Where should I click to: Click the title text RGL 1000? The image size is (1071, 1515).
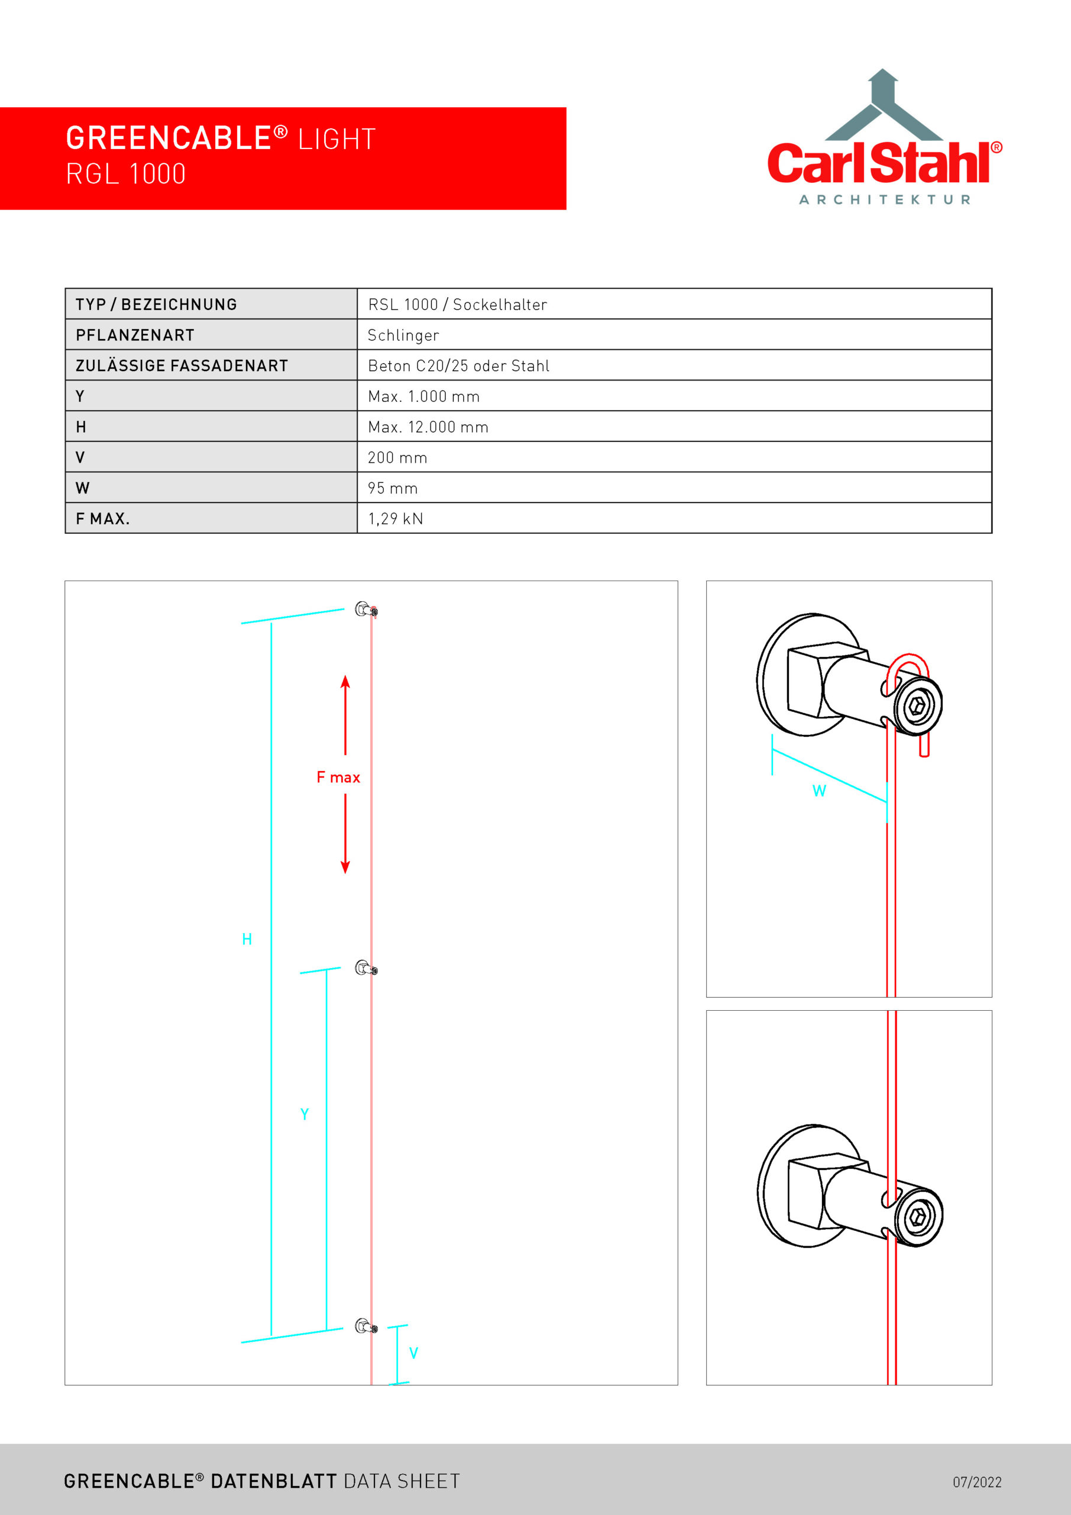click(x=125, y=174)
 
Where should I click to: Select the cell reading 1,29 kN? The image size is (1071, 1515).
click(x=396, y=518)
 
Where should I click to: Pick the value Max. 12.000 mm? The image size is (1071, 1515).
click(x=428, y=427)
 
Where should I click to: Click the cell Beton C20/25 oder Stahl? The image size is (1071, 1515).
click(x=458, y=366)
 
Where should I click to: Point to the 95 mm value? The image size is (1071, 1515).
click(x=393, y=488)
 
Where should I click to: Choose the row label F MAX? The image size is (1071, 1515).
click(x=102, y=518)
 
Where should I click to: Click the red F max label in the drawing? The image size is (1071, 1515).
click(x=338, y=777)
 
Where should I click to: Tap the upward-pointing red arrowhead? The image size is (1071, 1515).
click(x=345, y=681)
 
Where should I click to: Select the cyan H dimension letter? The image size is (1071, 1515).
click(x=247, y=939)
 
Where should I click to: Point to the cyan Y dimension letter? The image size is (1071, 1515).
click(x=304, y=1114)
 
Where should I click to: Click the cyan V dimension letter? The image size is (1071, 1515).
click(x=413, y=1353)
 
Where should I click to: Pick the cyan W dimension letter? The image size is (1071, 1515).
click(x=819, y=791)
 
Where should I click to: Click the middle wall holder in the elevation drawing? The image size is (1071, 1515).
click(x=365, y=968)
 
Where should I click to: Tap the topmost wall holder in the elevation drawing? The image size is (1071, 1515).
click(x=365, y=610)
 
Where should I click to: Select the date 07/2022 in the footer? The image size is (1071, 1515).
click(x=977, y=1482)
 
